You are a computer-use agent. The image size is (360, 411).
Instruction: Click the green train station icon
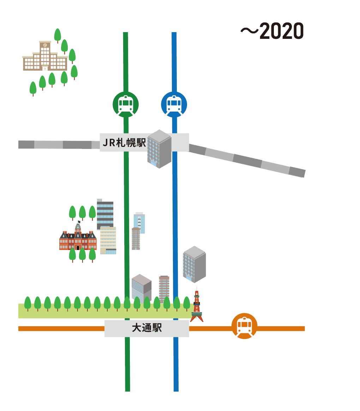(x=126, y=104)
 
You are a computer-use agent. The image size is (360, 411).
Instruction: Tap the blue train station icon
(x=174, y=104)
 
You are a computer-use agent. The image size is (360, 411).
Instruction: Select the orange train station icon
(x=244, y=326)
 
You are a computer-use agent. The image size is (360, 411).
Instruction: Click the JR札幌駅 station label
(x=124, y=143)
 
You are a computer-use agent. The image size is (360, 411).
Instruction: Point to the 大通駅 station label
(x=147, y=328)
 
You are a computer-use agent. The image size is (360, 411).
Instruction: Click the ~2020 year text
(x=272, y=31)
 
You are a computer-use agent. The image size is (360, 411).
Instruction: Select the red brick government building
(x=78, y=240)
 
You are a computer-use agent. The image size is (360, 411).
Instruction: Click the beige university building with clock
(x=45, y=57)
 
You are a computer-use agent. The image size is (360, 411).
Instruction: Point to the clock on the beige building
(x=45, y=45)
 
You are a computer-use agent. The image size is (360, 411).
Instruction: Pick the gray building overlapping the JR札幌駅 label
(x=159, y=149)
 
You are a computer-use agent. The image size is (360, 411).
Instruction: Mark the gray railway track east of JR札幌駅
(x=247, y=160)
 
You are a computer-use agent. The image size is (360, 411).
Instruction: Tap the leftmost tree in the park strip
(x=28, y=303)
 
